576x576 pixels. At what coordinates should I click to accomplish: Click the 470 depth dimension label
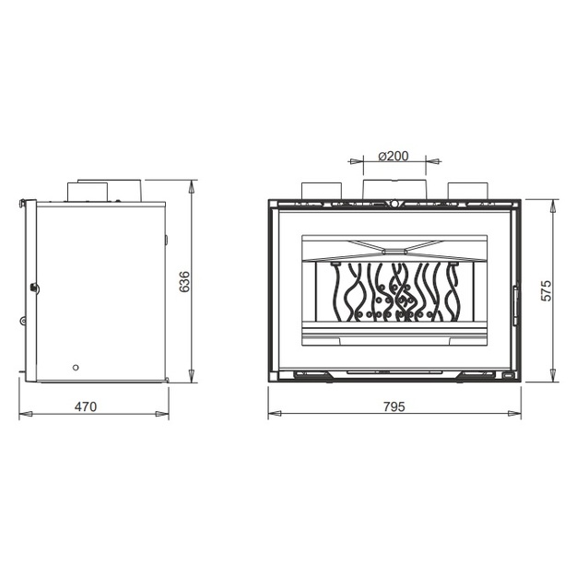[86, 406]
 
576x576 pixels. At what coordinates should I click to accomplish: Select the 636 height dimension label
[184, 282]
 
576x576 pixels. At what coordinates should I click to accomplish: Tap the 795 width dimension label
[394, 406]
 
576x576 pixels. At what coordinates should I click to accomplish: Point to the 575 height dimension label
[547, 290]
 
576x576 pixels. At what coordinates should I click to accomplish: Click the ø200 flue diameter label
[393, 156]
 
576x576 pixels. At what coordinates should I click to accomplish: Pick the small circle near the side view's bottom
[76, 368]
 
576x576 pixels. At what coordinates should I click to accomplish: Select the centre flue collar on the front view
[394, 189]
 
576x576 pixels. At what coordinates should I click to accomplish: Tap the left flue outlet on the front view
[322, 191]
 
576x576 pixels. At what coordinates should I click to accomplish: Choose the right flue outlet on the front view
[467, 191]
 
